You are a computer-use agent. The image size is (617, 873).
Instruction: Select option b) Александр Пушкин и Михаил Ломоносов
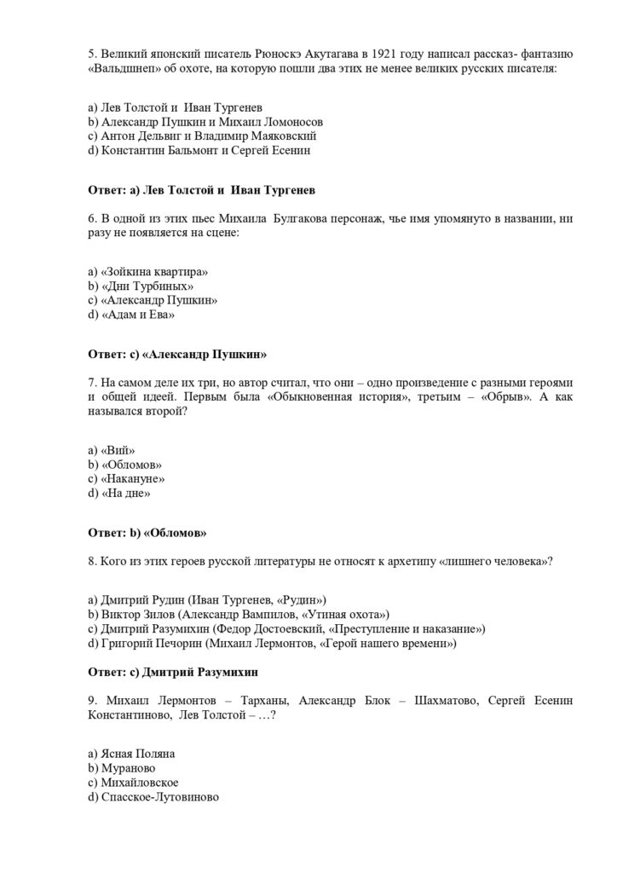click(x=193, y=121)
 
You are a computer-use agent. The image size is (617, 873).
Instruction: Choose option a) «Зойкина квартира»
click(x=148, y=271)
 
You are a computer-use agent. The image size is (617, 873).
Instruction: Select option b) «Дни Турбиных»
click(x=135, y=286)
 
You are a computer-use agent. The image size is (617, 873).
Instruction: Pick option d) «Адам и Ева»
click(x=131, y=315)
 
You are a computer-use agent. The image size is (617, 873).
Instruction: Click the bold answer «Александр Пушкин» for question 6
click(x=205, y=352)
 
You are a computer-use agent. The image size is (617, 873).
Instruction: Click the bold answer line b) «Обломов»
click(x=148, y=532)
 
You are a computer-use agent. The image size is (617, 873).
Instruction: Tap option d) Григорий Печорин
click(x=272, y=644)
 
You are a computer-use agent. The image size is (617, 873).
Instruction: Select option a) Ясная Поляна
click(x=131, y=754)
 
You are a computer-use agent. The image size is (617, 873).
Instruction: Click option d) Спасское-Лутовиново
click(x=153, y=797)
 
